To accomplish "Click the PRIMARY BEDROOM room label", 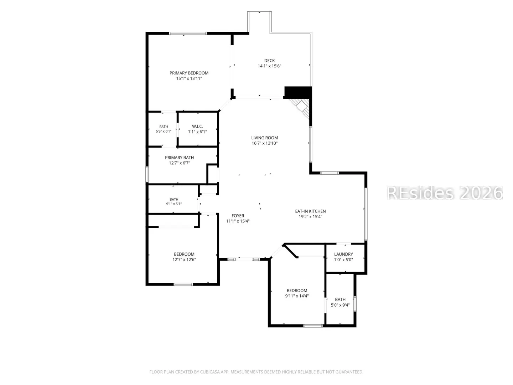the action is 189,73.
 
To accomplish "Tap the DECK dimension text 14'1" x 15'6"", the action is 269,66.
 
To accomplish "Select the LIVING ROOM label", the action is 265,138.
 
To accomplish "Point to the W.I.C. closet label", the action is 197,127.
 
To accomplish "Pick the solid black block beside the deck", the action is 298,92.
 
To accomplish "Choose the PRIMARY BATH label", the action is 179,158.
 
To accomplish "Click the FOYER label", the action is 238,216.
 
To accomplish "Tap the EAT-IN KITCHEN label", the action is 310,211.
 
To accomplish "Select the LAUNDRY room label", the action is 343,254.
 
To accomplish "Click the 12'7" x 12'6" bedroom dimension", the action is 184,260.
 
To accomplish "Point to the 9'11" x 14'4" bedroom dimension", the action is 297,296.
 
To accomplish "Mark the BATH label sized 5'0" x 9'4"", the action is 340,299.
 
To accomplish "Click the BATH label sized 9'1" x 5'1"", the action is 174,199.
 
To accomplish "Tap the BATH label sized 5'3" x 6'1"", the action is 164,127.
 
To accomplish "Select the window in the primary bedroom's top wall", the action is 188,34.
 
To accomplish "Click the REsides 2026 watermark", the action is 445,193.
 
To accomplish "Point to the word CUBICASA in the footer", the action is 210,372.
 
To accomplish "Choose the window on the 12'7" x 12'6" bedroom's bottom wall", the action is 183,284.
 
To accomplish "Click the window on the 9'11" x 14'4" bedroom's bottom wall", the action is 313,326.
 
